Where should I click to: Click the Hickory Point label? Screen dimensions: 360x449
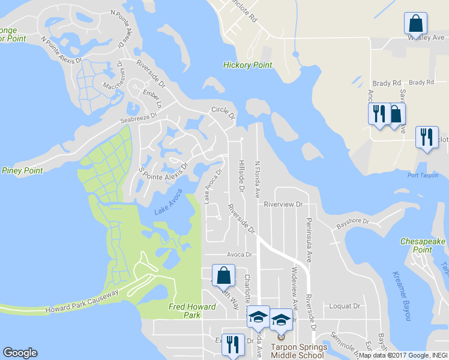247,65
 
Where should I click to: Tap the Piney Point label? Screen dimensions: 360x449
22,170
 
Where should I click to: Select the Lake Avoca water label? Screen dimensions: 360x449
168,206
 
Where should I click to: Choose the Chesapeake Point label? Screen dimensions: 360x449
423,245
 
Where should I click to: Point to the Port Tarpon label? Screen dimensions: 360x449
421,175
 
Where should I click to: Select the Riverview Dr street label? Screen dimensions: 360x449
283,204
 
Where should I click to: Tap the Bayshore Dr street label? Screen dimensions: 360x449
352,222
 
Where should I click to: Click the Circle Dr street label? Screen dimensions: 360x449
222,112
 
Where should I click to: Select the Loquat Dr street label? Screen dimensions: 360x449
345,305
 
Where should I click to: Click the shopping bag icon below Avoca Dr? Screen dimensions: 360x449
223,275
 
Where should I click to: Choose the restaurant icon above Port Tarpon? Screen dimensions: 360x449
427,137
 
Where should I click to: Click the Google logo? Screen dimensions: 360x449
20,353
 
